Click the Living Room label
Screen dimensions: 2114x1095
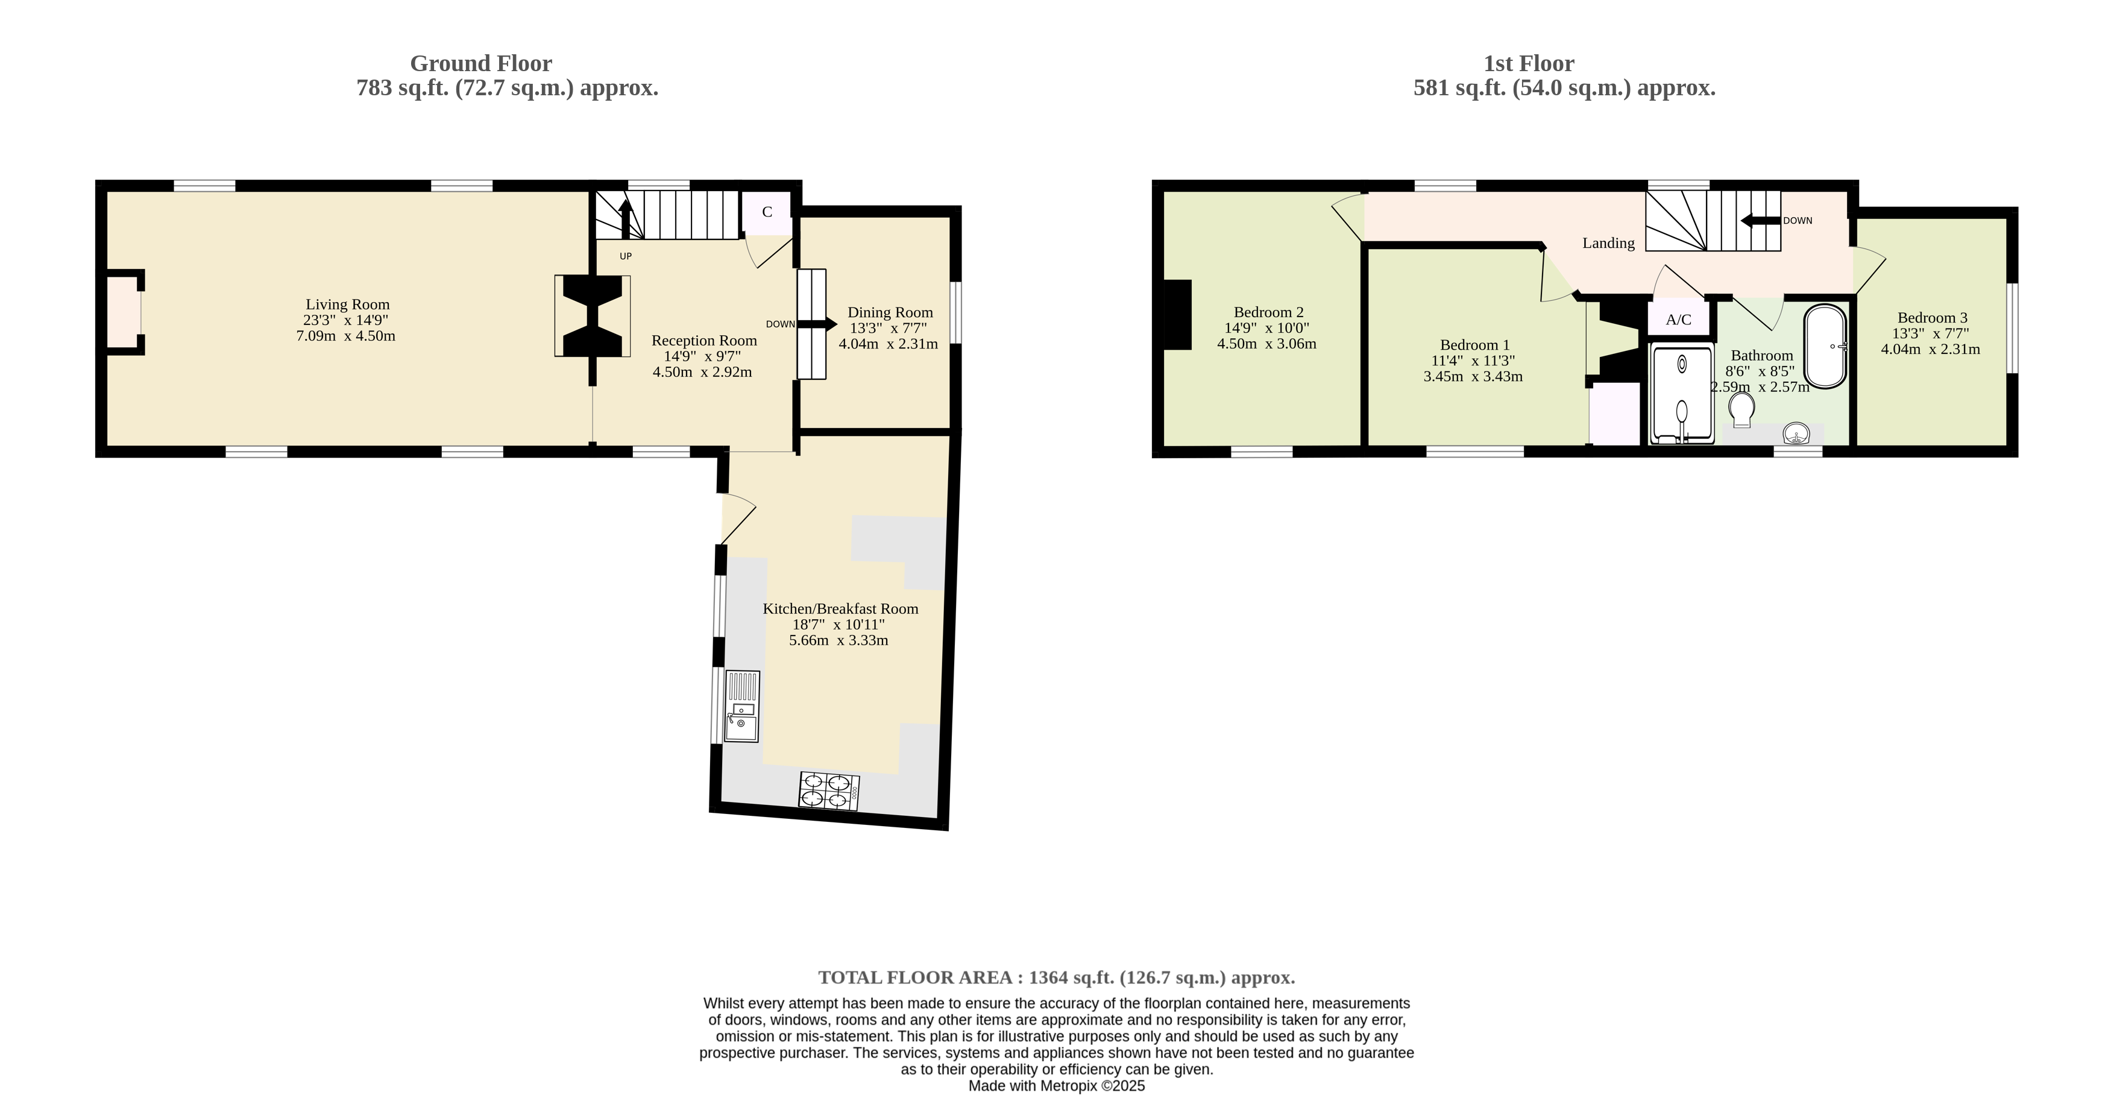coord(347,305)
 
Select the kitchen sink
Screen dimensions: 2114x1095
coord(742,707)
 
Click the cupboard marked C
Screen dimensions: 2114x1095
coord(767,212)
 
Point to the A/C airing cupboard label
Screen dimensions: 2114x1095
coord(1678,320)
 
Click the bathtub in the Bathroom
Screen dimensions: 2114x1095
coord(1825,346)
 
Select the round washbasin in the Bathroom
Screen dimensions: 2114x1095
coord(1797,432)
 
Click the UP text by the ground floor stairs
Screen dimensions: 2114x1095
coord(625,256)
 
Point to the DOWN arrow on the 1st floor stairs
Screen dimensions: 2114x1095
coord(1760,220)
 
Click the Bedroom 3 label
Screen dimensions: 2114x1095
coord(1932,318)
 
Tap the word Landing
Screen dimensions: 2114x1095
coord(1608,243)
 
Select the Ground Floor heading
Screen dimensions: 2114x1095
coord(481,63)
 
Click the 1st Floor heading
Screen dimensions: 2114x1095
coord(1529,63)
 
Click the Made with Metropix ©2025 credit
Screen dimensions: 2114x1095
coord(1057,1086)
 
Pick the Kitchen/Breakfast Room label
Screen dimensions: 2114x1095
coord(840,609)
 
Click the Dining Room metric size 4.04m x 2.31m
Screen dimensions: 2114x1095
coord(888,344)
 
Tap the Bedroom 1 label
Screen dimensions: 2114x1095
coord(1474,346)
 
